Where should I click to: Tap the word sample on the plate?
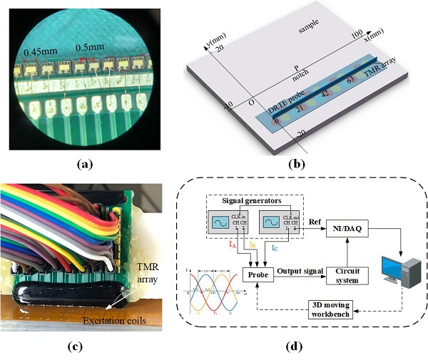310,24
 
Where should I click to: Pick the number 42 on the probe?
325,93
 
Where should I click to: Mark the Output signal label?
300,270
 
